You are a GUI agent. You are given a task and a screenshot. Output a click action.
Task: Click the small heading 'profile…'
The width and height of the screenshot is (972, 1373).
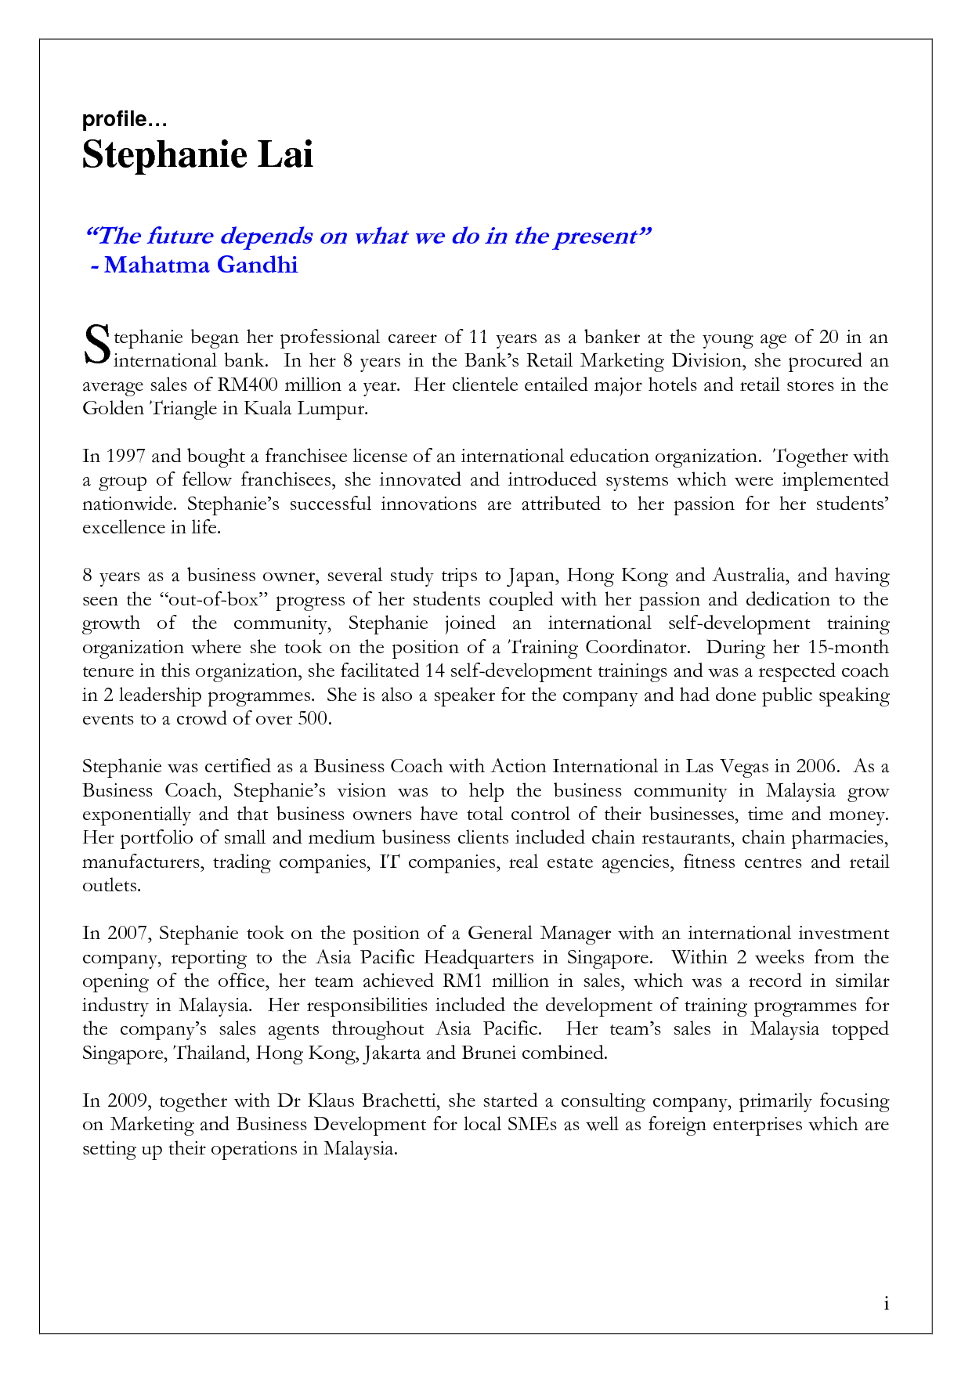pos(125,120)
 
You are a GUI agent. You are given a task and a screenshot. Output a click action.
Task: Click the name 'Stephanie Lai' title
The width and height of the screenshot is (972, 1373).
pos(197,154)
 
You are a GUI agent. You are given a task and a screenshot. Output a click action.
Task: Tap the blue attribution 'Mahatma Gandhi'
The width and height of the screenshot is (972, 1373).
pos(201,265)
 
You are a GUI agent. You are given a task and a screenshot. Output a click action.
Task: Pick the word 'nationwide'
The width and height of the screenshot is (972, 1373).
pos(128,504)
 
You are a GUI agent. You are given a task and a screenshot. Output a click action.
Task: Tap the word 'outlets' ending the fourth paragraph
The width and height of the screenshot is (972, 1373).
pos(110,886)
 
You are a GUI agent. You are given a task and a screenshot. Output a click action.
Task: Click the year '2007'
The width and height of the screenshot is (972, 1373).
pos(127,934)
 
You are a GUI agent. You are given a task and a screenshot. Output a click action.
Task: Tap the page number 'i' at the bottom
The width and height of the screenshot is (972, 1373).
pos(886,1303)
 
